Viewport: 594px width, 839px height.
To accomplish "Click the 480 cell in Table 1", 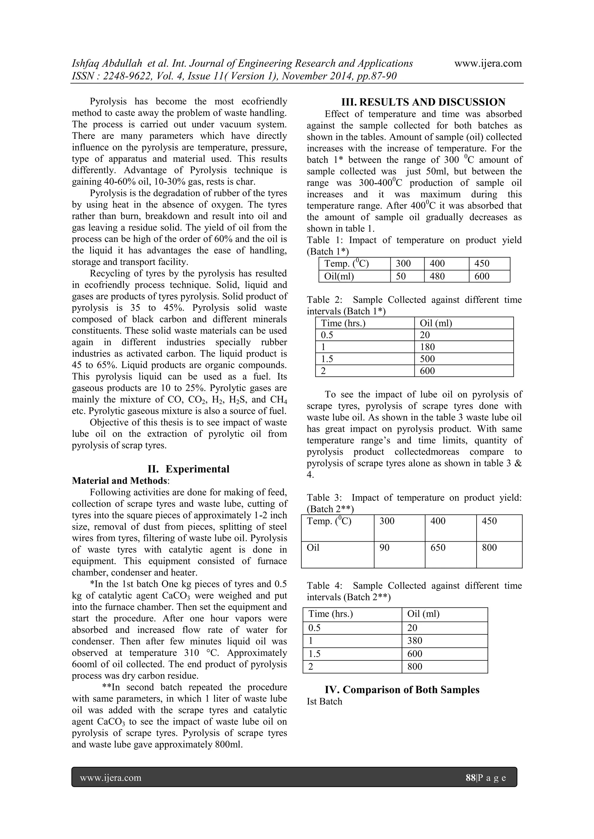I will (437, 276).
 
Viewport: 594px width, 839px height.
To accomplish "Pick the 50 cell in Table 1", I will (401, 276).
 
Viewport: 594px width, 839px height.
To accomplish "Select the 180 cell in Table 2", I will (427, 347).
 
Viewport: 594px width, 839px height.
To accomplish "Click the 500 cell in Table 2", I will (427, 359).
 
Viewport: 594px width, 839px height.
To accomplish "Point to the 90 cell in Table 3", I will (384, 547).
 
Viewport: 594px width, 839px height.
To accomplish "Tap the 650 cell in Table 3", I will (438, 547).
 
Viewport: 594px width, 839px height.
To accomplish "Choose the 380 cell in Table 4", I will (415, 640).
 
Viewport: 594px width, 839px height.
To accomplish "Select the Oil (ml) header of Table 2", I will (436, 323).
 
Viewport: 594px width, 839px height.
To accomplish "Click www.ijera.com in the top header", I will (488, 63).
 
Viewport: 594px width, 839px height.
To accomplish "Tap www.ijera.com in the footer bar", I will (111, 778).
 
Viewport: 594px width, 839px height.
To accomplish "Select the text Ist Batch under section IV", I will (325, 702).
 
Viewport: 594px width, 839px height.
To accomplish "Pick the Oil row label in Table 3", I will (313, 547).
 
